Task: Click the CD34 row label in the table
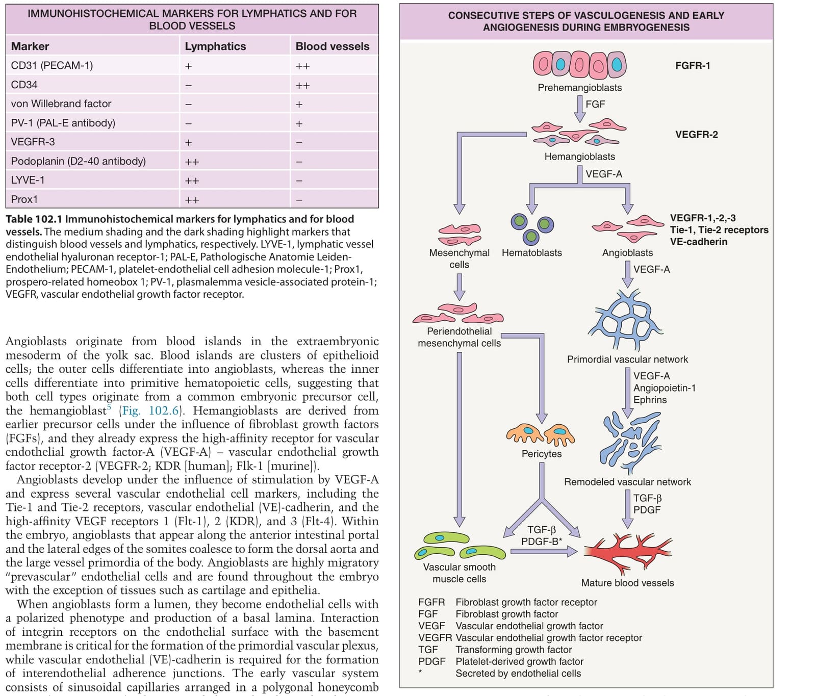coord(24,85)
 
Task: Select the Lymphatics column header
coord(215,46)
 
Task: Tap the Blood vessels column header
coord(333,46)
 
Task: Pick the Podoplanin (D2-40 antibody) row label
coord(79,161)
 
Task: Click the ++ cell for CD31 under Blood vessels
coord(302,66)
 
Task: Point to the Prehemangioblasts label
coord(580,88)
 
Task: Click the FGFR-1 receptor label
coord(693,65)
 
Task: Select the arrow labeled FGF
coord(579,109)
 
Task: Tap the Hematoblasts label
coord(532,253)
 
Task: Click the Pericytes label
coord(542,454)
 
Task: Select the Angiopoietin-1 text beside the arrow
coord(665,388)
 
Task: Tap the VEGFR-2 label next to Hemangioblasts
coord(697,135)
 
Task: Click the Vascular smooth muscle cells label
coord(460,573)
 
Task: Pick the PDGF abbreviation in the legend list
coord(431,661)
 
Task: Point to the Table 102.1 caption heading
coord(34,219)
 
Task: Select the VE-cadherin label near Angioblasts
coord(699,242)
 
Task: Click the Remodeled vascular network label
coord(627,482)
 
